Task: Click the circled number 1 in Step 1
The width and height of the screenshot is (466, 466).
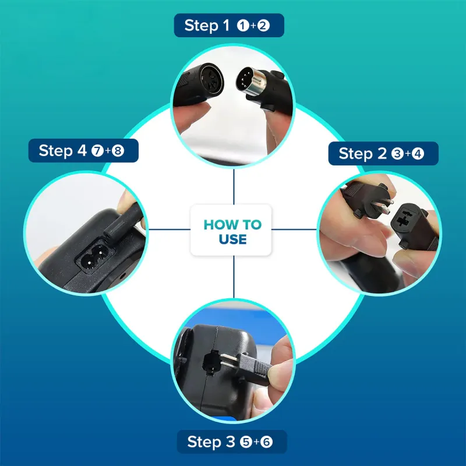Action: click(243, 26)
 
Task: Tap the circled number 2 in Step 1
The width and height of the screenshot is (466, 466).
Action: click(263, 26)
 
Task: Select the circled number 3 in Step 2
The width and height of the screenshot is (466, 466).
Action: click(397, 154)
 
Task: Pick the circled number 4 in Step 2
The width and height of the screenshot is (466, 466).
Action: click(418, 154)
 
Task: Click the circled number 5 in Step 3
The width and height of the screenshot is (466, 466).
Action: click(246, 442)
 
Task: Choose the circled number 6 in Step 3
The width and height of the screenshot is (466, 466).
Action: click(266, 442)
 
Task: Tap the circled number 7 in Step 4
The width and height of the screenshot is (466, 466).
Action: click(97, 151)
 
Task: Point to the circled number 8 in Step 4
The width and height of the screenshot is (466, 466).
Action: click(118, 151)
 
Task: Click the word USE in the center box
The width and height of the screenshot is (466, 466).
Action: click(232, 239)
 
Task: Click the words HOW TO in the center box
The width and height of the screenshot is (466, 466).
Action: click(232, 225)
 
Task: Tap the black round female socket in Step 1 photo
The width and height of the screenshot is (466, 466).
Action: click(210, 79)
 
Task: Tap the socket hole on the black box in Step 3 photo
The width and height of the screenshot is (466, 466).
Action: click(211, 362)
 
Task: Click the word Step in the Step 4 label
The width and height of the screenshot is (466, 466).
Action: click(56, 150)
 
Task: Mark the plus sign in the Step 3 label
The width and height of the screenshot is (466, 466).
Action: click(256, 442)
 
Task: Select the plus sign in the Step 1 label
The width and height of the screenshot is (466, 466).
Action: click(253, 26)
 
